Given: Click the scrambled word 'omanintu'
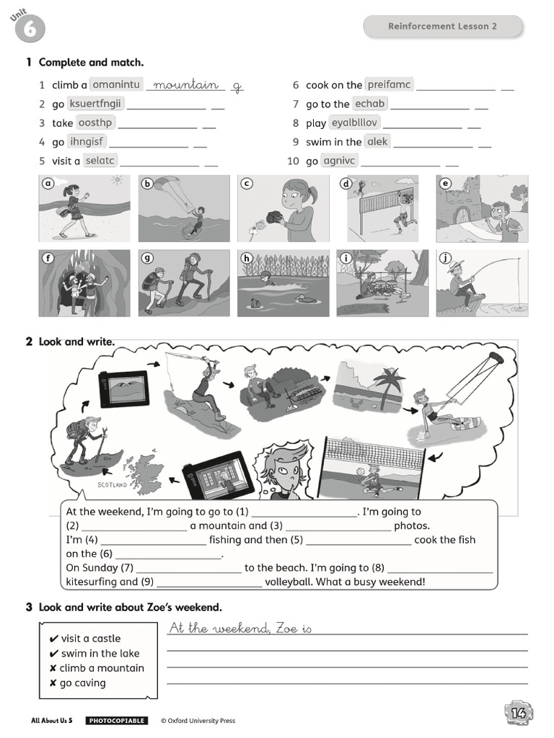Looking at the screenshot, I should coord(116,84).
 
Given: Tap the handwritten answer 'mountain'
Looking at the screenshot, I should coord(186,85).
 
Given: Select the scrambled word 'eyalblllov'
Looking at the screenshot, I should coord(354,123).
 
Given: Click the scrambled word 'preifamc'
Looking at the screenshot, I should coord(389,84).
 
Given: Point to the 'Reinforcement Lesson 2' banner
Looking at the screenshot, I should coord(442,27).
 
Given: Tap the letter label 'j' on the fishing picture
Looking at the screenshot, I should coord(446,258).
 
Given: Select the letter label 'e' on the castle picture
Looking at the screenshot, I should coord(445,184).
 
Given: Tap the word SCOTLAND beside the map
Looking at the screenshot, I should coord(112,485).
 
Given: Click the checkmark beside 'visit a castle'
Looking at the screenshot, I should coord(53,639).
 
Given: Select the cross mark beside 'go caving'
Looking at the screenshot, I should coord(53,683).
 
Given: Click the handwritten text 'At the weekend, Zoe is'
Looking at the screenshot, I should coord(240,628).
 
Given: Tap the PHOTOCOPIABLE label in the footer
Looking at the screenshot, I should coord(116,721).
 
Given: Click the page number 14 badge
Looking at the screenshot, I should coord(518,712).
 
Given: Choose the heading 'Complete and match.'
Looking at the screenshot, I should coord(91,63).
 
